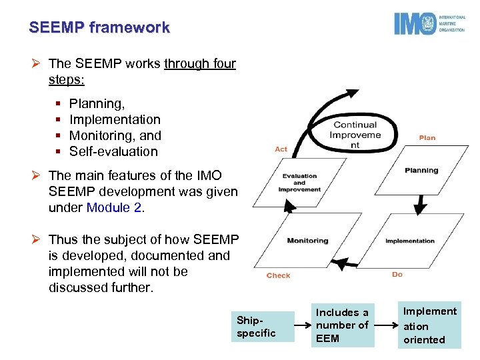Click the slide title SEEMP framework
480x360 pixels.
click(x=99, y=28)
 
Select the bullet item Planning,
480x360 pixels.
click(x=97, y=103)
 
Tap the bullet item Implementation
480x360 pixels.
click(x=115, y=119)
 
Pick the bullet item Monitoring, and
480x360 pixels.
click(x=115, y=135)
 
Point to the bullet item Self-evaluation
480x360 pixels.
click(x=113, y=151)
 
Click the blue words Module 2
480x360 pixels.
click(x=114, y=207)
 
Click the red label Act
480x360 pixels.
click(x=281, y=149)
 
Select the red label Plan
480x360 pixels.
click(x=427, y=138)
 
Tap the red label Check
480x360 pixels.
click(x=279, y=275)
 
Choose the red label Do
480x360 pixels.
click(x=397, y=275)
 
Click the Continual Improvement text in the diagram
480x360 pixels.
click(x=355, y=135)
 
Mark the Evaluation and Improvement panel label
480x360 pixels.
click(x=299, y=182)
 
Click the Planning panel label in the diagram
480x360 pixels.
click(x=421, y=171)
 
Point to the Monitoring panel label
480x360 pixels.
click(x=307, y=241)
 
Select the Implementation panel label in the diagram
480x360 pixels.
click(x=410, y=241)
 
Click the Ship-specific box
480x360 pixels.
click(x=264, y=327)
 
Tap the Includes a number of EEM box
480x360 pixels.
click(x=342, y=325)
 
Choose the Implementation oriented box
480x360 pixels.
click(x=430, y=325)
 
